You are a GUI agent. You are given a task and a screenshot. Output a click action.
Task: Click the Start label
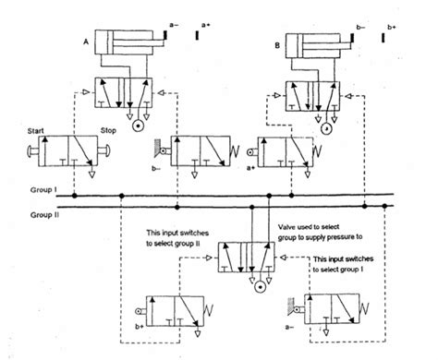tap(29, 130)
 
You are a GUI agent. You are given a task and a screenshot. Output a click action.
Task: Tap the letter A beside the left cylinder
tap(85, 42)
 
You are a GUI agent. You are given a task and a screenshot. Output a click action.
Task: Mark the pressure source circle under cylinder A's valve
tap(138, 123)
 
